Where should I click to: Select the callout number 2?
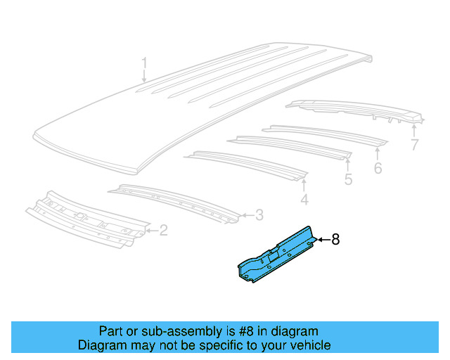[x=164, y=230]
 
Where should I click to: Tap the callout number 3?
[x=259, y=215]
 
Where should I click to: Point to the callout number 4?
[x=304, y=201]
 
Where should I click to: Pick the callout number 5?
[x=348, y=180]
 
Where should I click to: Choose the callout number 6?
[x=378, y=168]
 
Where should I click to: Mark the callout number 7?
[x=414, y=146]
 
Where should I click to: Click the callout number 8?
[x=335, y=240]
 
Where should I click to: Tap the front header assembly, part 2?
[x=88, y=217]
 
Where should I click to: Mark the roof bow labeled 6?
[x=323, y=134]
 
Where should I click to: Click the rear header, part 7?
[x=352, y=109]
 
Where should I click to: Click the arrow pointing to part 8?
[x=322, y=240]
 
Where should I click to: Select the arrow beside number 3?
[x=245, y=215]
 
